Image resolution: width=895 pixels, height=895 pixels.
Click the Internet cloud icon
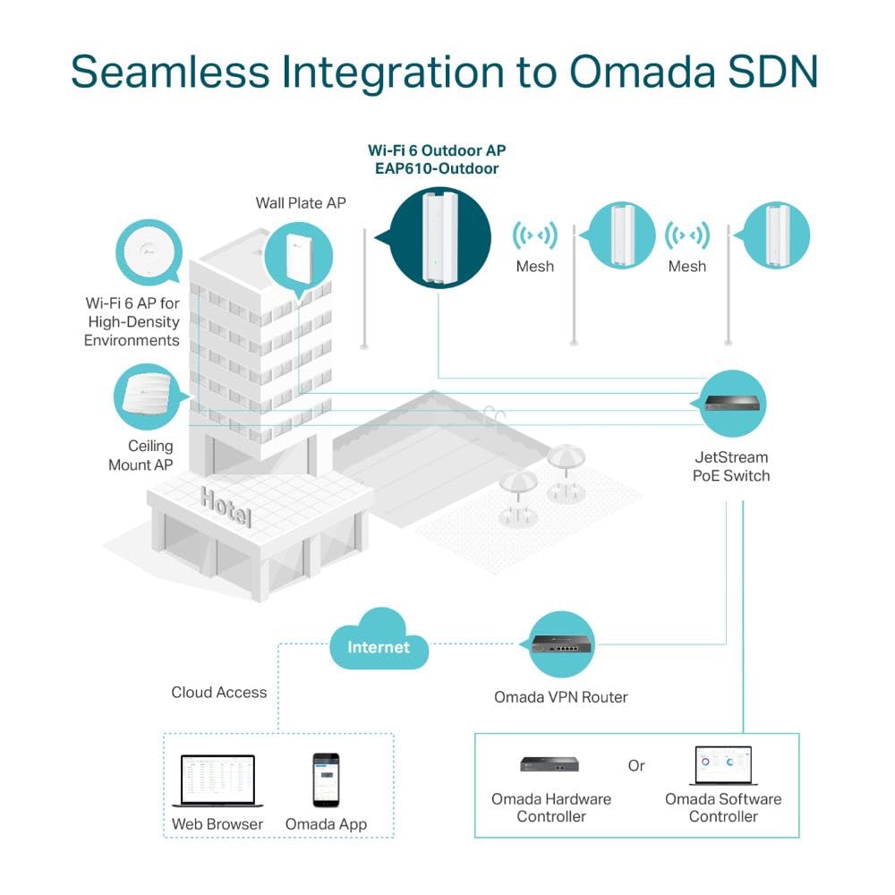point(378,646)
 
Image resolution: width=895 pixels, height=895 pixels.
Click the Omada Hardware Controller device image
point(550,763)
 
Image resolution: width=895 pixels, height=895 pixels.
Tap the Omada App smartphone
point(326,780)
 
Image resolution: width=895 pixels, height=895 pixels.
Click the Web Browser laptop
point(217,780)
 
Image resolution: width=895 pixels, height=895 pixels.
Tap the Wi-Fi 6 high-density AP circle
point(148,253)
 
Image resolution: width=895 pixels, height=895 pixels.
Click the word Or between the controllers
point(636,766)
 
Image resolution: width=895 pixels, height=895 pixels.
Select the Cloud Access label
point(218,692)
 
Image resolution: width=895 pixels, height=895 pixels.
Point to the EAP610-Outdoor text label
point(437,168)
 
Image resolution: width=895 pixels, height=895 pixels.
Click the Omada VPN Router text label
point(561,696)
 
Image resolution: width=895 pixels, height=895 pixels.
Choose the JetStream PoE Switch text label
point(730,466)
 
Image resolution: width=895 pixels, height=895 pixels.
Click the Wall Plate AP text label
point(301,203)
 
